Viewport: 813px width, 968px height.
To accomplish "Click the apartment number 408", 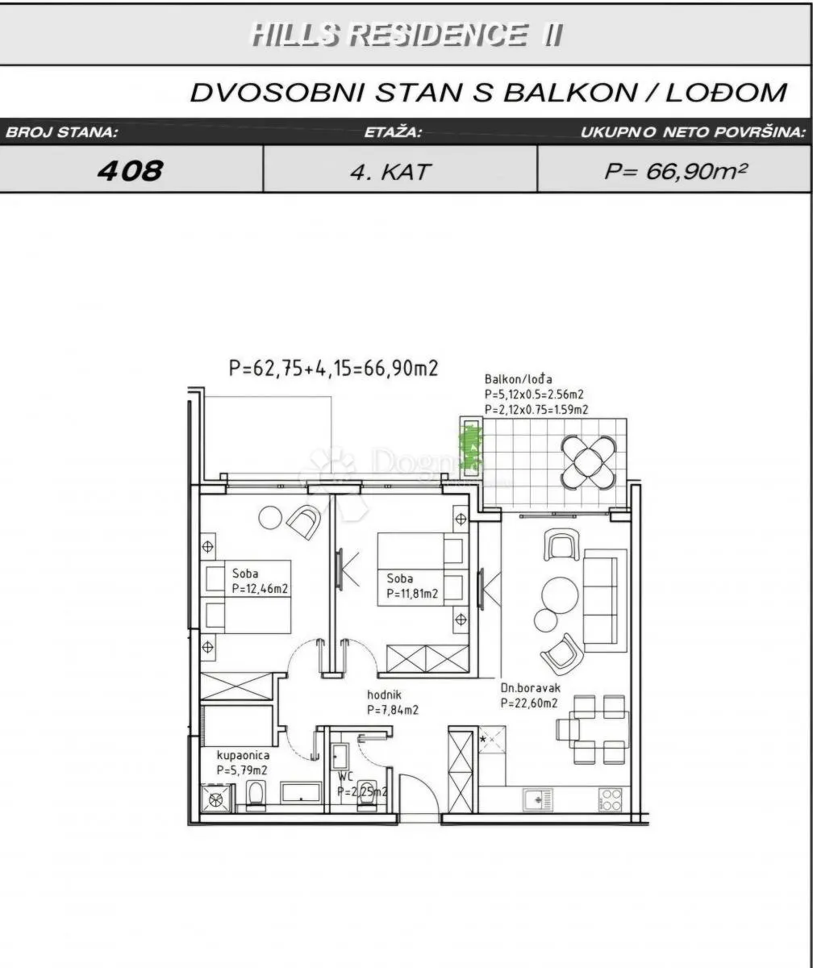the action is tap(130, 170).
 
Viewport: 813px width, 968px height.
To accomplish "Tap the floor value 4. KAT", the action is tap(390, 173).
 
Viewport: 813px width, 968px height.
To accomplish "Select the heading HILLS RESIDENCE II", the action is tap(406, 35).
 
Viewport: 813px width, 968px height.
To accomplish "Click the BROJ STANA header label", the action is tap(61, 132).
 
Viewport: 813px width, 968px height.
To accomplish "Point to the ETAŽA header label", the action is tap(393, 132).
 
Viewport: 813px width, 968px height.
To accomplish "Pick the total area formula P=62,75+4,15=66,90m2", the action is tap(334, 368).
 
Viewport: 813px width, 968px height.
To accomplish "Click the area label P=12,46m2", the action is tap(260, 589).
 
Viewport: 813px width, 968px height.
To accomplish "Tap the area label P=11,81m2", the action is tap(412, 594).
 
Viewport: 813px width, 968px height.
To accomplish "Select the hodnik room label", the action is tap(384, 695).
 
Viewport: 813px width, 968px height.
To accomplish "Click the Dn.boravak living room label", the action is tap(531, 688).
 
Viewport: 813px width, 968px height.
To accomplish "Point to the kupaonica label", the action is tap(243, 755).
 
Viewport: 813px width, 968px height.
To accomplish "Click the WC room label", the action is tap(345, 777).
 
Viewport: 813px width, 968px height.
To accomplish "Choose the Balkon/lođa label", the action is tap(518, 379).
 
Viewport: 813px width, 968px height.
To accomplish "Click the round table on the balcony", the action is tap(588, 462).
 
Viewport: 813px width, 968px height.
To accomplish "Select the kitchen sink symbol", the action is tap(538, 799).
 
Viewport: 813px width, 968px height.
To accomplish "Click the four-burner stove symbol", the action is tap(611, 799).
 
